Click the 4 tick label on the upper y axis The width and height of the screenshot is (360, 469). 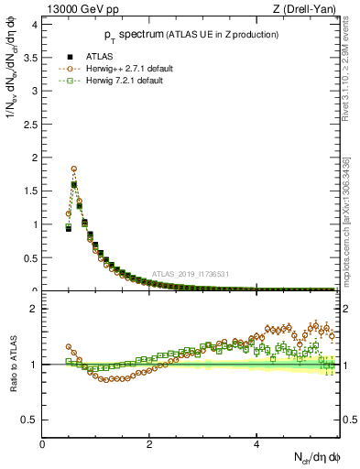pyautogui.click(x=36, y=24)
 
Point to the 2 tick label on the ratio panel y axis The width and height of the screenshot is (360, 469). pyautogui.click(x=36, y=309)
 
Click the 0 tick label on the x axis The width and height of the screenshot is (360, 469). pyautogui.click(x=43, y=444)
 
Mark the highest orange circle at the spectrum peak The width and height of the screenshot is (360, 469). pyautogui.click(x=73, y=169)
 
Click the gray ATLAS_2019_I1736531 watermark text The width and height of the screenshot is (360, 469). pyautogui.click(x=191, y=274)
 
